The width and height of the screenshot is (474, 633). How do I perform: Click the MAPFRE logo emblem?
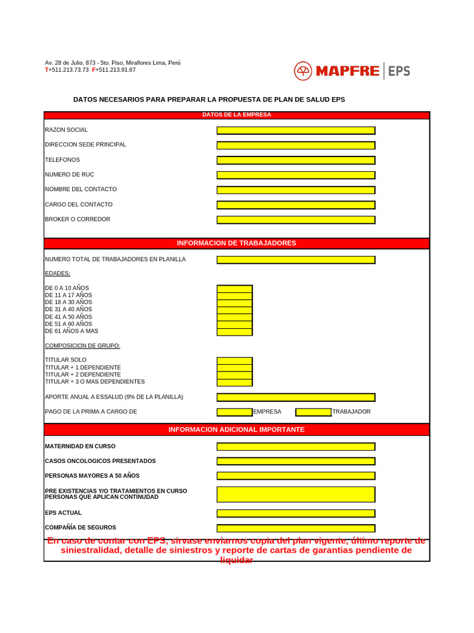click(x=303, y=71)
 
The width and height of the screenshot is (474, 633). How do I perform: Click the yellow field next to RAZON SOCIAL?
click(x=296, y=130)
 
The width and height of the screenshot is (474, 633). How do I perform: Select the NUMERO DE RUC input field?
click(x=296, y=175)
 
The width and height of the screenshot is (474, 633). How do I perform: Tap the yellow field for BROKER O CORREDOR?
click(x=296, y=219)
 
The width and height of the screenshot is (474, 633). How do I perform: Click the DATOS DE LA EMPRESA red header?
click(x=236, y=115)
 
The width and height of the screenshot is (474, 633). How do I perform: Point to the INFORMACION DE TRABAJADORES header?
click(x=236, y=243)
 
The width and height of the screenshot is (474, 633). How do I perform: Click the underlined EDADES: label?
click(x=57, y=273)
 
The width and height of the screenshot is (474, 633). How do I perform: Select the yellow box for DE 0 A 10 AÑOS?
click(x=235, y=289)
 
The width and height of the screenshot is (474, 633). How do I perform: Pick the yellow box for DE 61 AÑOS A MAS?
click(x=235, y=331)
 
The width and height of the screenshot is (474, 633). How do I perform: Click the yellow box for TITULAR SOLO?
click(x=235, y=360)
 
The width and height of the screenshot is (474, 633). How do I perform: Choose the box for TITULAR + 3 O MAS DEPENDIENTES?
click(x=235, y=382)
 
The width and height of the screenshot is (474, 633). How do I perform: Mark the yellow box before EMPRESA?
click(x=235, y=412)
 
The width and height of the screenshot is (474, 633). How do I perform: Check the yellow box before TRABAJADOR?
click(x=314, y=412)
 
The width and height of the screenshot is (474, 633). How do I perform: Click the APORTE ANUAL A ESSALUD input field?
click(x=296, y=397)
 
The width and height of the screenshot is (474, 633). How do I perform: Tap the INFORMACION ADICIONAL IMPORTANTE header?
click(x=236, y=430)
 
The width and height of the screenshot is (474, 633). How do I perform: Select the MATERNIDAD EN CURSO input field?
click(x=296, y=446)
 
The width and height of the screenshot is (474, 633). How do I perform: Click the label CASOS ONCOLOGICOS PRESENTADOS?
click(x=100, y=461)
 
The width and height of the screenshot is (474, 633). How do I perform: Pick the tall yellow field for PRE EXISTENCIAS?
click(x=296, y=494)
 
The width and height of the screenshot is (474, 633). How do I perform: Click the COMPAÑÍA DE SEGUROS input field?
click(x=296, y=528)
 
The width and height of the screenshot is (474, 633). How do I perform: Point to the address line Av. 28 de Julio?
click(x=112, y=63)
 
